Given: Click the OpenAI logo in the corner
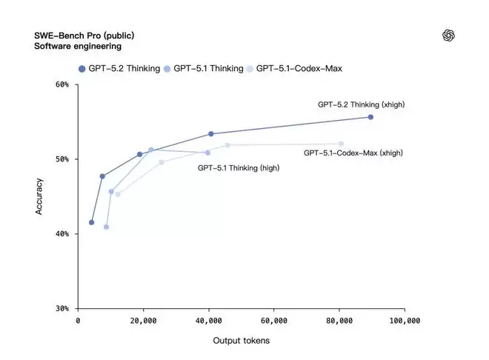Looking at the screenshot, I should point(448,36).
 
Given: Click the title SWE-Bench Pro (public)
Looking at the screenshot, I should point(84,36).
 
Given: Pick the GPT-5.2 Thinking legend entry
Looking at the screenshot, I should point(119,69).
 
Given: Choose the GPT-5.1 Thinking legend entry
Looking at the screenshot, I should point(204,69).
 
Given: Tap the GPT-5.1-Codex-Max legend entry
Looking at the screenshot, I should point(294,69).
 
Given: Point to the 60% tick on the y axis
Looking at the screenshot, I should point(63,85).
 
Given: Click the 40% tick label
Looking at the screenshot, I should point(63,234).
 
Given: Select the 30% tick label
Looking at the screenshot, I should point(63,308).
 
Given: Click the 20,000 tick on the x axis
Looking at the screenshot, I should point(143,321).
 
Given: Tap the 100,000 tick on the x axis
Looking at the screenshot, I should point(404,321).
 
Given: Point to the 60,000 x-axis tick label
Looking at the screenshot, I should point(273,321).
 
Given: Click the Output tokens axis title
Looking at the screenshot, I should point(241,341).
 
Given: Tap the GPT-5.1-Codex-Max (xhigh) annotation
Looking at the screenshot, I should point(353,153).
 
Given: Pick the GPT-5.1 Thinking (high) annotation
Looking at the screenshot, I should point(239,168).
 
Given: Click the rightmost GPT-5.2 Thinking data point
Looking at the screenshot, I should point(370,117).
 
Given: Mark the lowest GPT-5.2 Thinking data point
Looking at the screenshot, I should point(92,222).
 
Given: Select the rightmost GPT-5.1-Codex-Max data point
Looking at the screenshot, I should point(341,144).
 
